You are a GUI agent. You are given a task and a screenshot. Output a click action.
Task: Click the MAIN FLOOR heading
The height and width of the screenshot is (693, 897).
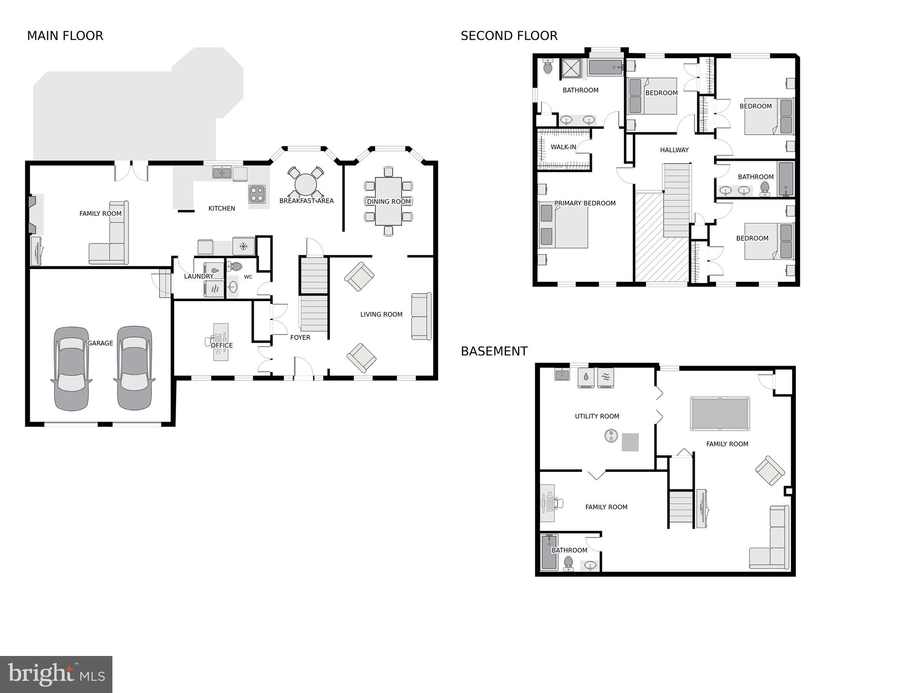pos(65,36)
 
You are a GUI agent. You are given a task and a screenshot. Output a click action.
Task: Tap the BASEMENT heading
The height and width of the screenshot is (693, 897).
pos(494,351)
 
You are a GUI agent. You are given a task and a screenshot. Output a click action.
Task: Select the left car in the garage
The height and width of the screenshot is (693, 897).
pos(71,368)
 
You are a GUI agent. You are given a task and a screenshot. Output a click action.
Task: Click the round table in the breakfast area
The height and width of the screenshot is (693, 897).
pos(306,185)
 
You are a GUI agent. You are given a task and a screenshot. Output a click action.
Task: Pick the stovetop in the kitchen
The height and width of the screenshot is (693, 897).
pos(257,195)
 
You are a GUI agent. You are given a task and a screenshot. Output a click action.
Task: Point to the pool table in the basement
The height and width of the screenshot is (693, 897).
pos(720,414)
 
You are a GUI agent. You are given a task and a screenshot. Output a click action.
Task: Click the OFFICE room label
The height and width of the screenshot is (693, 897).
pos(222,345)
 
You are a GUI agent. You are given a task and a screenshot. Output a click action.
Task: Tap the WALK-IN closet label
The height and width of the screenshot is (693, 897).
pos(563,147)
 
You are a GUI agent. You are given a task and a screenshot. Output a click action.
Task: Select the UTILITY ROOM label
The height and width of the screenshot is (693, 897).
pos(597,416)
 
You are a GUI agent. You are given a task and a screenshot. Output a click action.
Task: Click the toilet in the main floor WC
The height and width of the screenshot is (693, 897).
pos(235,266)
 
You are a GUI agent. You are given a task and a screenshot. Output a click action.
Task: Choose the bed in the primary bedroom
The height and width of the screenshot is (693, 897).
pos(563,225)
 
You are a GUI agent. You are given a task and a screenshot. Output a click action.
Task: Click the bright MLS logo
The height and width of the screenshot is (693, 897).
pos(56,674)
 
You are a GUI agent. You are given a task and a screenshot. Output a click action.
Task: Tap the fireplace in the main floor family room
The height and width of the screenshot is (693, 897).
pos(33,214)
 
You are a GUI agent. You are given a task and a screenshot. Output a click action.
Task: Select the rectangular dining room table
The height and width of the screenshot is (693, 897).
pos(388,201)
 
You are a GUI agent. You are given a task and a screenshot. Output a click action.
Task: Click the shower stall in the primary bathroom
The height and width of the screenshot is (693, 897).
pos(572,68)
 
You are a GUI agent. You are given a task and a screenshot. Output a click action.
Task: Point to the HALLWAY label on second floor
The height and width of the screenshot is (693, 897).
pos(674,150)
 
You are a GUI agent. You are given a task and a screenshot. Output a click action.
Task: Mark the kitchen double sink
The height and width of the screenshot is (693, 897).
pos(222,172)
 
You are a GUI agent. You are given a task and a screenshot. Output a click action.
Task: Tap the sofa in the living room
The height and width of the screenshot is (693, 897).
pos(421,316)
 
